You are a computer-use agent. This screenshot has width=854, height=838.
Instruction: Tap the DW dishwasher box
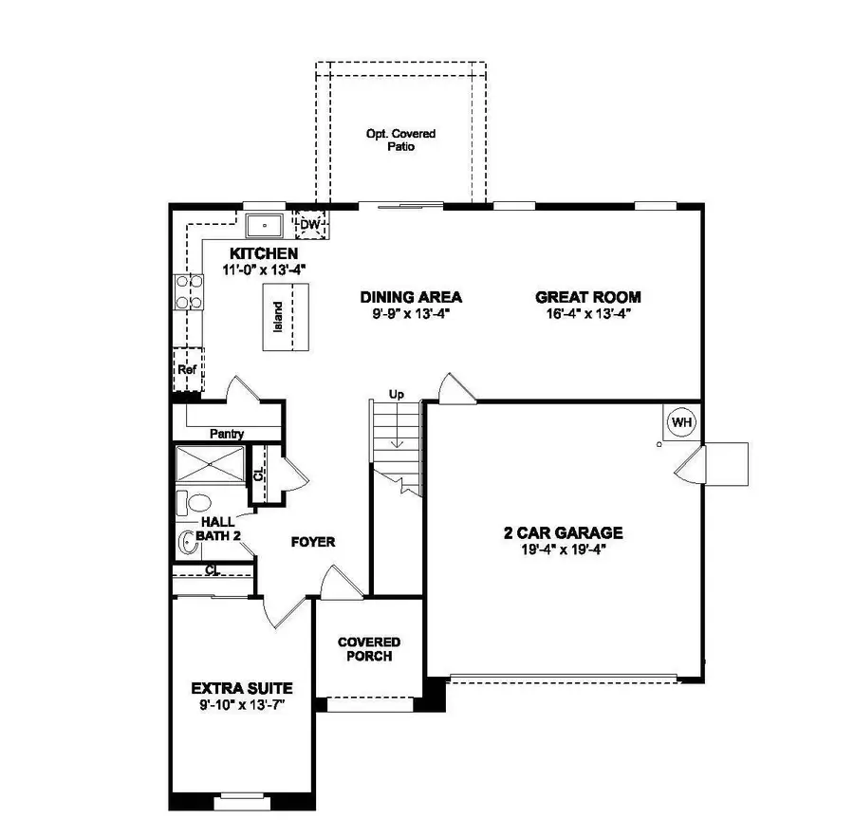309,224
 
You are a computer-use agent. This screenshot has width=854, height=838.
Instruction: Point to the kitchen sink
265,225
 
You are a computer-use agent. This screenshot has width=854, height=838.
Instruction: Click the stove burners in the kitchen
189,291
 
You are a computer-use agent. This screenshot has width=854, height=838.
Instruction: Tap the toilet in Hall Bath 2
196,503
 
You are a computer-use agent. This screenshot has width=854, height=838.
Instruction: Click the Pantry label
227,434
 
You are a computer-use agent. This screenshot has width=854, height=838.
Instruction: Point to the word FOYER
312,542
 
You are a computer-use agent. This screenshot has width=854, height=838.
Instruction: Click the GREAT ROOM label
587,296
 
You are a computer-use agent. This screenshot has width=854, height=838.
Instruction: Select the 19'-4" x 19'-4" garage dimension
563,549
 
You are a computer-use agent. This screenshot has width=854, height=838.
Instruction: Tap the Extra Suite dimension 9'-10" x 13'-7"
241,705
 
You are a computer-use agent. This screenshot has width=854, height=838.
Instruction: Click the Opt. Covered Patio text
400,140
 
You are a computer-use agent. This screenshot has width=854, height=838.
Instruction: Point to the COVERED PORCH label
369,649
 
